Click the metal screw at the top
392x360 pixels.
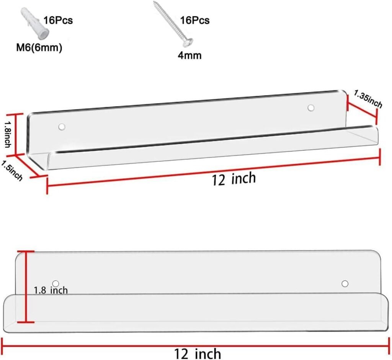173,24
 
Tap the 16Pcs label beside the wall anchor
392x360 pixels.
58,20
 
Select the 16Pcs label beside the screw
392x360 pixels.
195,20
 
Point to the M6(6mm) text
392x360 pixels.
39,47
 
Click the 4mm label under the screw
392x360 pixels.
189,55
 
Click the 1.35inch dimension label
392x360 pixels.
368,99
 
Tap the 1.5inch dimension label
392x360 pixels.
12,170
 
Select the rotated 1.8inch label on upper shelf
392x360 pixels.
8,134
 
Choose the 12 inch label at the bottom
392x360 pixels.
198,353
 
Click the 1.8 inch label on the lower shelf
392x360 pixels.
51,290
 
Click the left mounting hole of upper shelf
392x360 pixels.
62,127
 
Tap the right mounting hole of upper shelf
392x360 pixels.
311,108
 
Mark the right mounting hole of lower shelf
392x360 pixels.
345,284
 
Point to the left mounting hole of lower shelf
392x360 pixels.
56,283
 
